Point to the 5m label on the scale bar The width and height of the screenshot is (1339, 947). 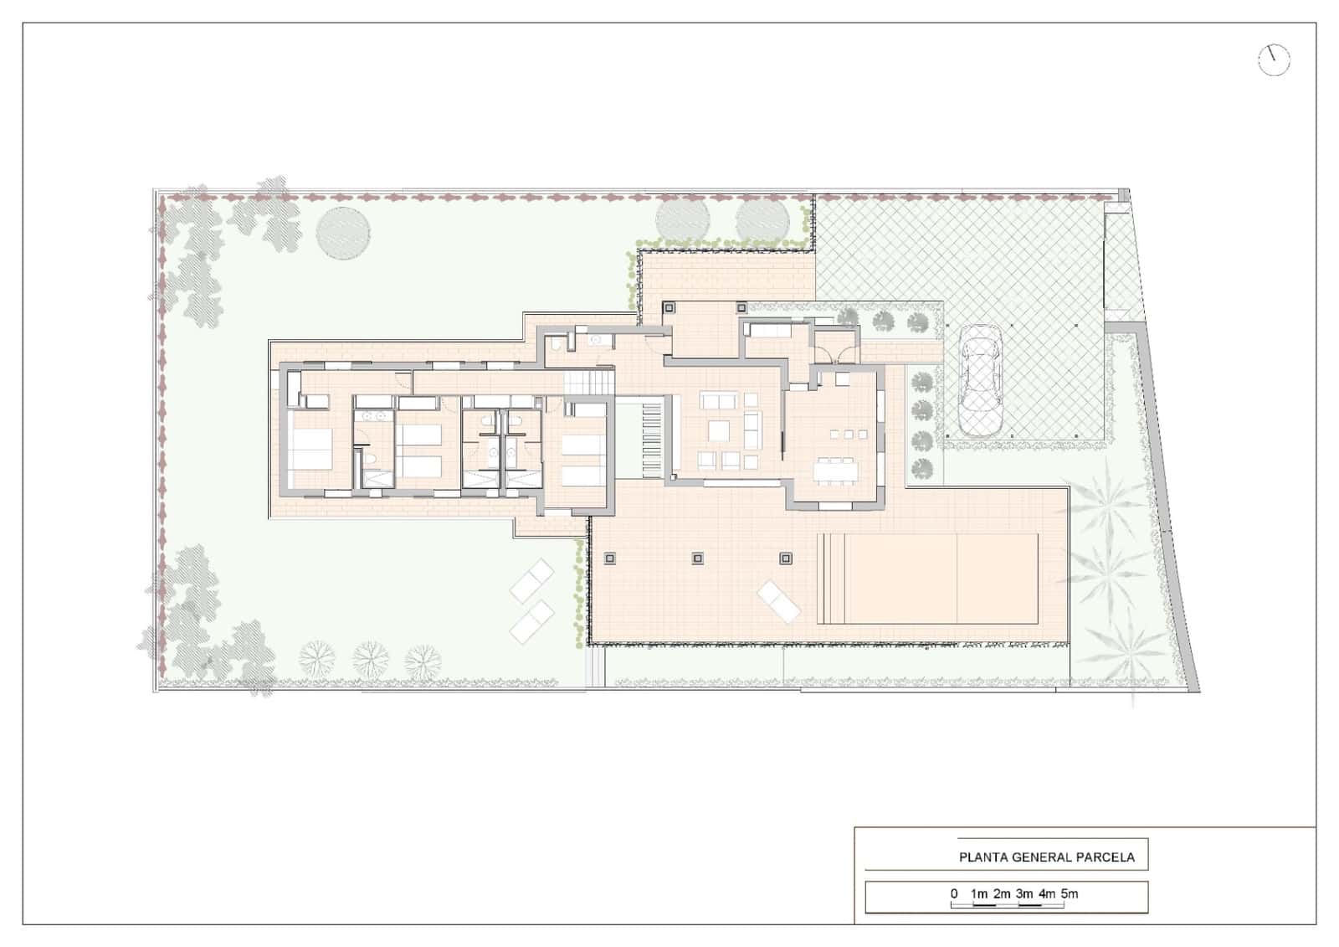click(x=1070, y=893)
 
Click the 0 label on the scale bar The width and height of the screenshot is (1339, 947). click(x=954, y=893)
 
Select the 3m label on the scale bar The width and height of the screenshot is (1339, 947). click(x=1024, y=893)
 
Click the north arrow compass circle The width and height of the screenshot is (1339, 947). click(x=1274, y=59)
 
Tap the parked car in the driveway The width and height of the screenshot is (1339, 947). click(x=980, y=380)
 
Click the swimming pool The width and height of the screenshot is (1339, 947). click(x=929, y=578)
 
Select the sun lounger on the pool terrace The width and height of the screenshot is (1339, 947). click(x=779, y=600)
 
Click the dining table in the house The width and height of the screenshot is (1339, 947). click(x=836, y=471)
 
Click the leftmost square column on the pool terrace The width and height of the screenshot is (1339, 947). click(x=609, y=558)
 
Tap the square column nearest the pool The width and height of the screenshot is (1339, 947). click(x=785, y=558)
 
